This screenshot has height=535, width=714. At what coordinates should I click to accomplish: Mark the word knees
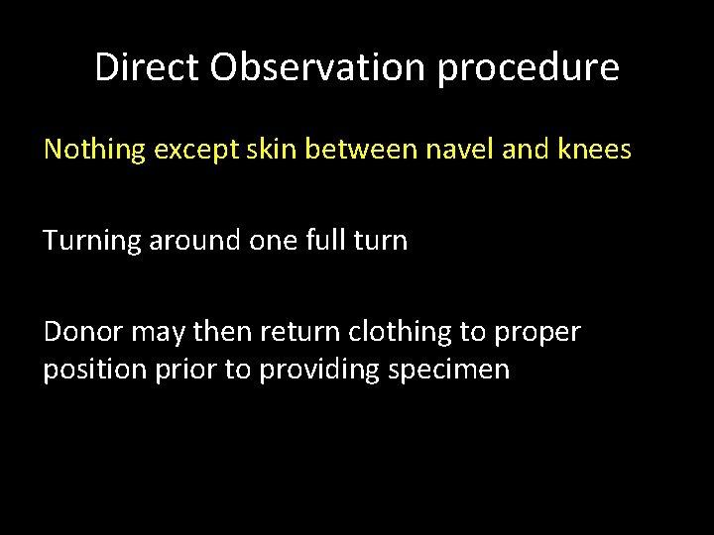click(592, 151)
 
